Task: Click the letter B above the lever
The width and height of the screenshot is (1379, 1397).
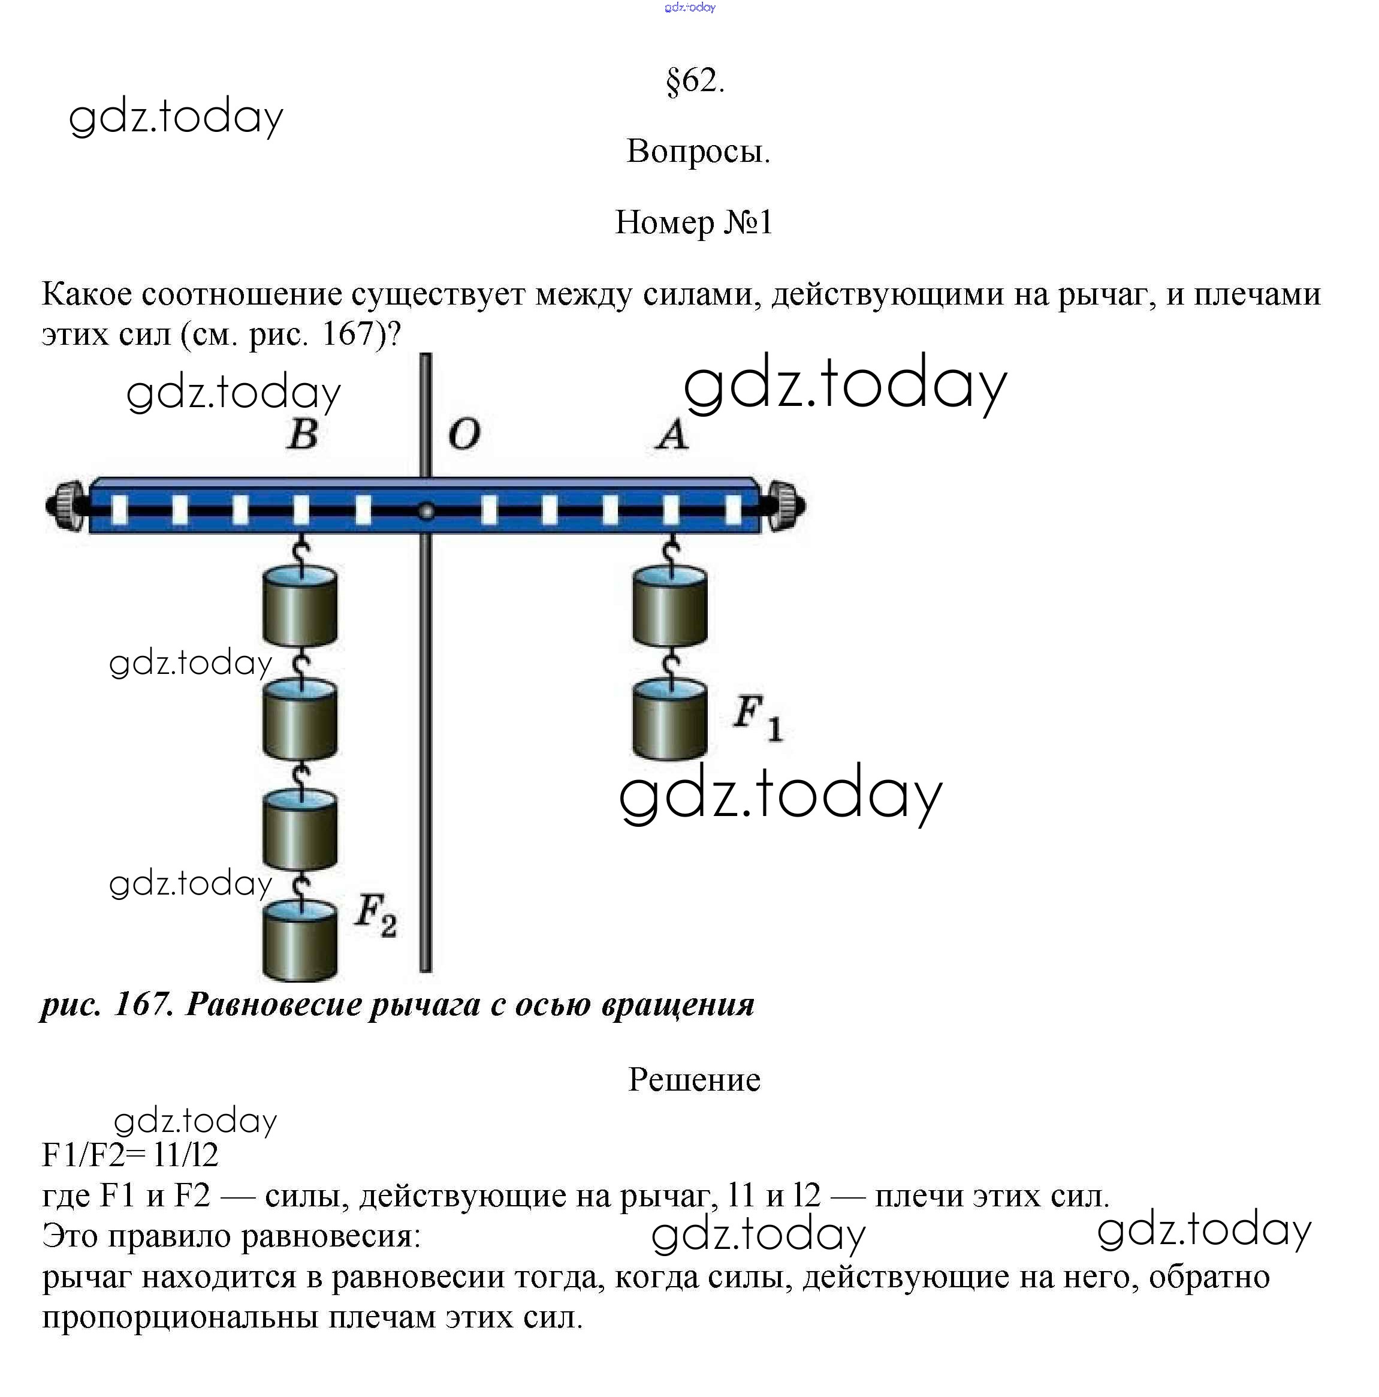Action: click(x=302, y=434)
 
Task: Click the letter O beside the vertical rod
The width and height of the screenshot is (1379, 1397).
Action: click(x=463, y=435)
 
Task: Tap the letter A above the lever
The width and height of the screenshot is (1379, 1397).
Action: click(x=671, y=435)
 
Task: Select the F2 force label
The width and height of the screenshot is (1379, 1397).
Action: click(x=375, y=916)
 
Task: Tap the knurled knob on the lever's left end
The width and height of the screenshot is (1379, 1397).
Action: click(x=67, y=505)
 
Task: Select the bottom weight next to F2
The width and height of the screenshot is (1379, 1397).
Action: click(x=299, y=941)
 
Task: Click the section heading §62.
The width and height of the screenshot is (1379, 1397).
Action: click(x=694, y=80)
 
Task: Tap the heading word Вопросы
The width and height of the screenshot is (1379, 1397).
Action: click(x=698, y=151)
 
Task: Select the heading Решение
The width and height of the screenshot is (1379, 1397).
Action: click(x=694, y=1080)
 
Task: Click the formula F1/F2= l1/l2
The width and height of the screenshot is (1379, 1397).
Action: click(x=130, y=1155)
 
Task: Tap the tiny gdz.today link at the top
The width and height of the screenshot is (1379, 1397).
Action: click(x=689, y=7)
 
